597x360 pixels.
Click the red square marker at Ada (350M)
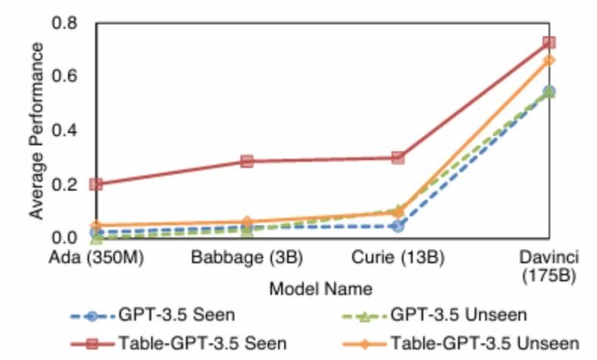point(96,184)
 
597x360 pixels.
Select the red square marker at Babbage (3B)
point(246,161)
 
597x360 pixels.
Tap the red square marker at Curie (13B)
point(397,157)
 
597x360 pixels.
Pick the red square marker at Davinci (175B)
point(549,42)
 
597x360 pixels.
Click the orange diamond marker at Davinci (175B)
point(549,60)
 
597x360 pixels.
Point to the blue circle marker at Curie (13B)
point(397,225)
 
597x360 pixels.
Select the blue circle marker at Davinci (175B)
point(549,92)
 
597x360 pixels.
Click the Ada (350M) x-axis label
point(96,257)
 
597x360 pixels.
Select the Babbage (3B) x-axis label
point(247,257)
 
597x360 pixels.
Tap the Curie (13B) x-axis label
point(397,257)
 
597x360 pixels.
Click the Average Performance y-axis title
point(36,130)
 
